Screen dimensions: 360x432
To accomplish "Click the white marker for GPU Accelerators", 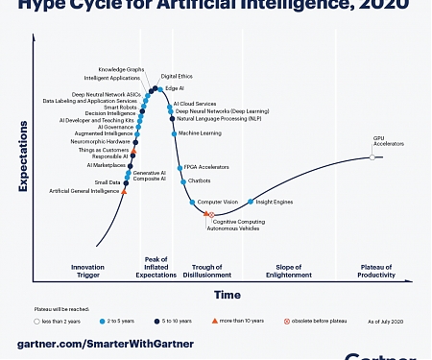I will point(372,156).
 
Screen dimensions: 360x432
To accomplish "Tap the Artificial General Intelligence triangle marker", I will point(125,192).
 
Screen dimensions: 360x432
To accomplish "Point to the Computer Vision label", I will point(217,202).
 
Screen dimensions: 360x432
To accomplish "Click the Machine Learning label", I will point(199,133).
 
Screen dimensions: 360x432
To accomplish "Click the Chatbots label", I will point(200,180).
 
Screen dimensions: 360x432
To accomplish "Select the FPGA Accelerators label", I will point(206,166).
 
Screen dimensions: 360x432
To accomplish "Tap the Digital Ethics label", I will point(176,75).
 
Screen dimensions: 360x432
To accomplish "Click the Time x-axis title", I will point(228,294).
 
